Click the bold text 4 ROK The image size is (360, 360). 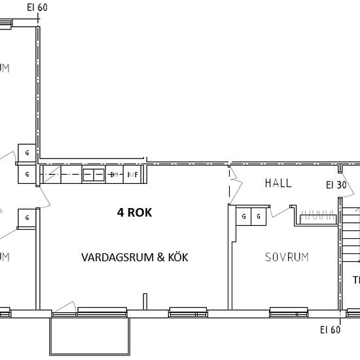[x=134, y=212]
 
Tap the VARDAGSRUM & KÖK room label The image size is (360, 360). [x=134, y=257]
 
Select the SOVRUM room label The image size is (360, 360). [x=286, y=257]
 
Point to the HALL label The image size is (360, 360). [x=278, y=183]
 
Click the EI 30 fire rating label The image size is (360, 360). [x=336, y=185]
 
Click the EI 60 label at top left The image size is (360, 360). [x=37, y=8]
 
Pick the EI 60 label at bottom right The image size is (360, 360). [x=330, y=329]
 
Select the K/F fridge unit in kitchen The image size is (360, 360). [x=132, y=175]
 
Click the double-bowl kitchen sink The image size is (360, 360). [x=94, y=175]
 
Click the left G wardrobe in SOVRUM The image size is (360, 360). [x=243, y=216]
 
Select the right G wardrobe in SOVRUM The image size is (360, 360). [x=259, y=216]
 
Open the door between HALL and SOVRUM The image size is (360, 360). [x=280, y=210]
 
